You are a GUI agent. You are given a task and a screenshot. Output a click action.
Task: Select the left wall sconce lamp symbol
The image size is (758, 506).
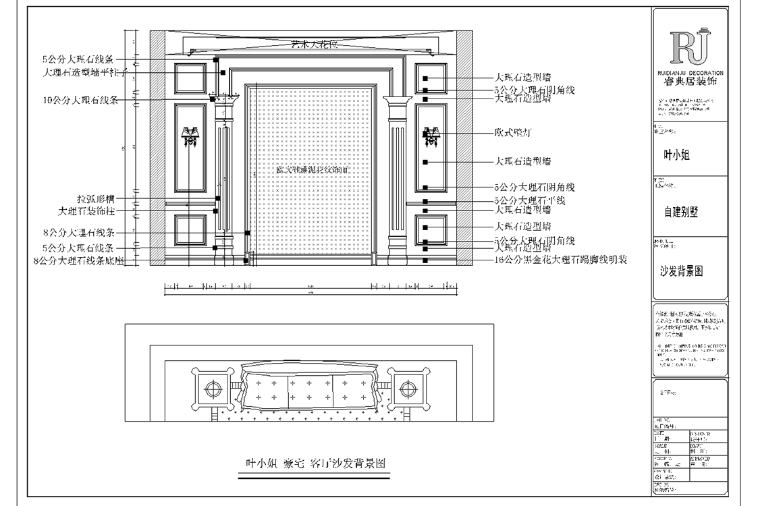190,136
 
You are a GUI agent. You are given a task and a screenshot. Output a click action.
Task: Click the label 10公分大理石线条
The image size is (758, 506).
80,100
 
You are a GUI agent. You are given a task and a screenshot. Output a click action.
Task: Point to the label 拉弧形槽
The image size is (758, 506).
96,199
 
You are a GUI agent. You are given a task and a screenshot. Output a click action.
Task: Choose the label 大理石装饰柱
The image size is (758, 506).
87,211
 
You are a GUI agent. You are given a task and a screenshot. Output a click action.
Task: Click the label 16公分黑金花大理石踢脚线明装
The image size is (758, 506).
561,260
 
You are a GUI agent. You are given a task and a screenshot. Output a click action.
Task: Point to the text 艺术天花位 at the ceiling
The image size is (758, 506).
313,45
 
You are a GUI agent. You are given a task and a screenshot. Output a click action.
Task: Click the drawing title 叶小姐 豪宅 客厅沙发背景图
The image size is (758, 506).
315,464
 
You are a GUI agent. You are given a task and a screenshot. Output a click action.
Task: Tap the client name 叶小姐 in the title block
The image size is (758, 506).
677,155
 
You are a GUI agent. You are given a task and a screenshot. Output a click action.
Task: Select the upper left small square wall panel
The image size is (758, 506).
190,78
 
